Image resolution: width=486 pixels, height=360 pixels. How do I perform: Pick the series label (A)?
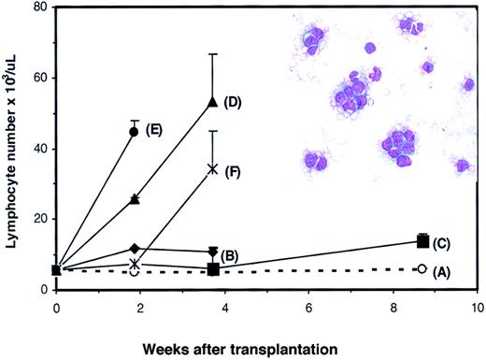(x=448, y=269)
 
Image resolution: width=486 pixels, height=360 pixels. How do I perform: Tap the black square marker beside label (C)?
(x=423, y=241)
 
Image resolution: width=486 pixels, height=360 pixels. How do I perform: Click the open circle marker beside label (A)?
(x=422, y=269)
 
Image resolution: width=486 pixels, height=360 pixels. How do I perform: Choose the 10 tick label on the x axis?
(x=478, y=307)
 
